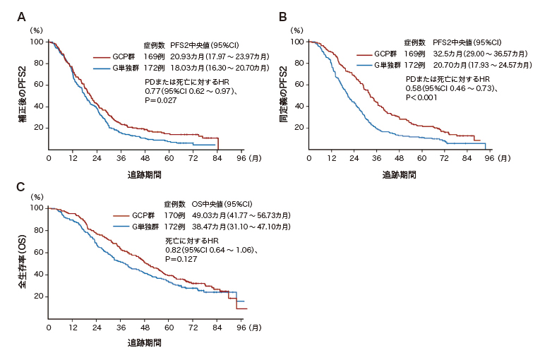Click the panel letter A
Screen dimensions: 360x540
click(21, 17)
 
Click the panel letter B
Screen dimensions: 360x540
click(282, 17)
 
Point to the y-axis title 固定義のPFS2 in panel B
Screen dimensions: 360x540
click(283, 95)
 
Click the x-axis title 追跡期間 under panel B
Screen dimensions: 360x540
click(399, 174)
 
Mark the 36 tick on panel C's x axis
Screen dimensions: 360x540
click(121, 328)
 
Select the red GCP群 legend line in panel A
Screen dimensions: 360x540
click(102, 56)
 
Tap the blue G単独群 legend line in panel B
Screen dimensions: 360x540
click(364, 64)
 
